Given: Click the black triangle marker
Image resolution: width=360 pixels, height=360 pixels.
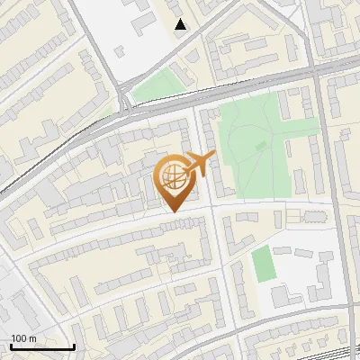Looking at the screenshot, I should pyautogui.click(x=181, y=24).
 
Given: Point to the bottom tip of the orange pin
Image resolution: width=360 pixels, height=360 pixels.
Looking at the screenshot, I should pyautogui.click(x=172, y=211).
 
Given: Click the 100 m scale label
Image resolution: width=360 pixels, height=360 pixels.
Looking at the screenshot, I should pyautogui.click(x=22, y=338).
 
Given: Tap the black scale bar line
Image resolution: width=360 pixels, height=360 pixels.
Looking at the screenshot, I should pyautogui.click(x=42, y=346).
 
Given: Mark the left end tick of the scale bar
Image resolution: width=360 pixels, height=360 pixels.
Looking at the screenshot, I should pyautogui.click(x=11, y=345).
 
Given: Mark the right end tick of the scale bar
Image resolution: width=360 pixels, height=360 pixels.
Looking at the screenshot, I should pyautogui.click(x=74, y=345).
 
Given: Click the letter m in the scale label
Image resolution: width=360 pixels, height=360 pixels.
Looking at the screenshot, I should pyautogui.click(x=32, y=338).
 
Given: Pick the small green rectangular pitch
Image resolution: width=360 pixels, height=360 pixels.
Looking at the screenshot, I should pyautogui.click(x=262, y=264).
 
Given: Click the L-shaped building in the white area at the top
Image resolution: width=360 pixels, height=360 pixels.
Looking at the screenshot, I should pyautogui.click(x=140, y=15).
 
